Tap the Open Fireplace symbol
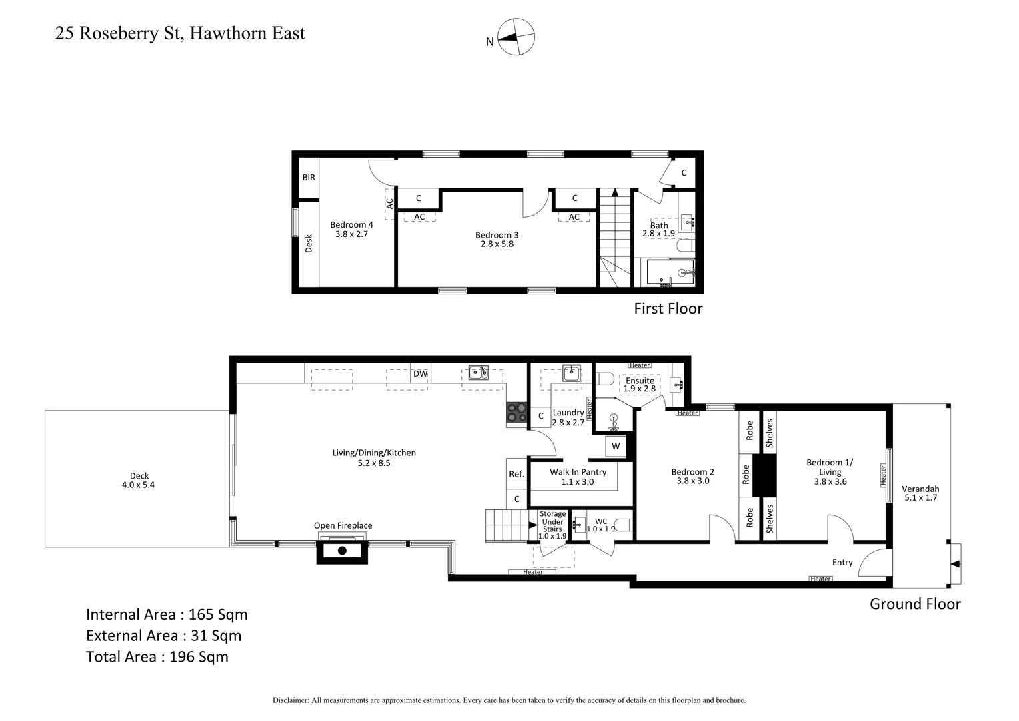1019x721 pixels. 342,550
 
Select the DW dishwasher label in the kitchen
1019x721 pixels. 420,373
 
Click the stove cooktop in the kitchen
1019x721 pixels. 516,413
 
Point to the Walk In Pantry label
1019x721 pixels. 578,472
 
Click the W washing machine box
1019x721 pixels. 615,446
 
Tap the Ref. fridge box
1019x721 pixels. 516,474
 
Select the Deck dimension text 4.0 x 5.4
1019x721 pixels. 139,485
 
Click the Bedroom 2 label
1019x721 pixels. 692,472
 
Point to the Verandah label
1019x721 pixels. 920,489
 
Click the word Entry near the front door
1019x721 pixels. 842,562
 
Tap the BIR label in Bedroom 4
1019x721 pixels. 309,178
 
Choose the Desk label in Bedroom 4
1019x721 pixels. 309,243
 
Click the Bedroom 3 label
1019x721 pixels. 497,235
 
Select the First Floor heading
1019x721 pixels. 668,308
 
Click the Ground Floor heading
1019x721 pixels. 915,604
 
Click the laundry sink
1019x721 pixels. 570,373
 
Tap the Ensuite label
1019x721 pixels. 640,381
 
